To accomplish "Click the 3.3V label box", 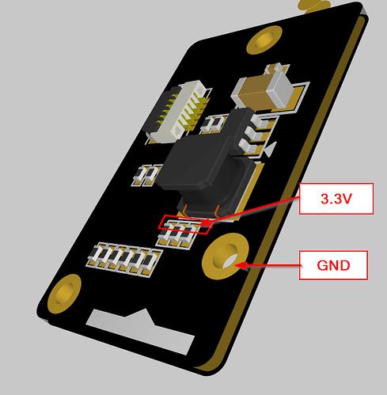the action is (x=336, y=199).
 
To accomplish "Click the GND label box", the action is (x=333, y=265).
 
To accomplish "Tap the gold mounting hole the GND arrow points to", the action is (x=225, y=256).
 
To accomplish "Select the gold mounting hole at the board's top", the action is (x=264, y=40).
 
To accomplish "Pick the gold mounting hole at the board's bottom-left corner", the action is (x=64, y=294).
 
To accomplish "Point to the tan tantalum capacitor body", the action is (x=253, y=89).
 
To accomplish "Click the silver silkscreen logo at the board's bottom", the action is (x=141, y=330).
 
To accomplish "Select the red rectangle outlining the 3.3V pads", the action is (x=185, y=225).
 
